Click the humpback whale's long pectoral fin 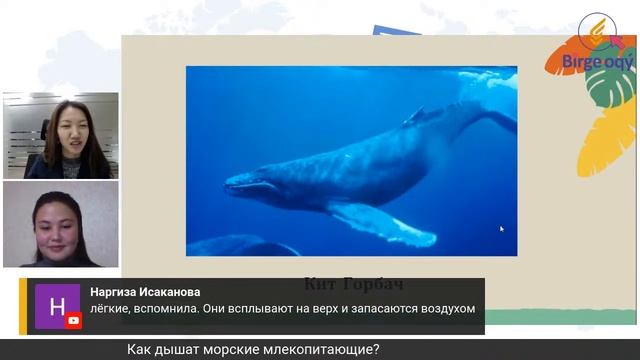point(386,222)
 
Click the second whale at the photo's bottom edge point(241,246)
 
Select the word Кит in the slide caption point(318,283)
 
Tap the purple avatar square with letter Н point(58,306)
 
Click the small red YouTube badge point(73,321)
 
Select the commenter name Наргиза point(120,292)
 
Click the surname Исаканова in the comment point(186,292)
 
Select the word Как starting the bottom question point(141,349)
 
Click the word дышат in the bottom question point(181,349)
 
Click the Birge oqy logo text point(598,63)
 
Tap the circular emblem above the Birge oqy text point(597,30)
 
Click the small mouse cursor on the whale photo point(502,229)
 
